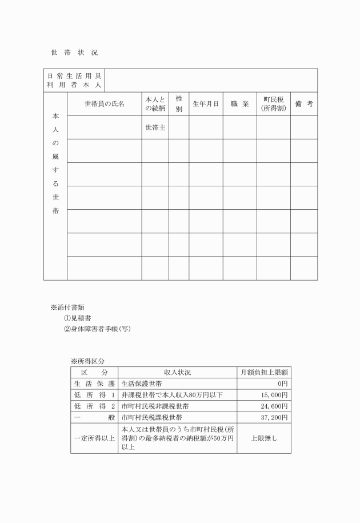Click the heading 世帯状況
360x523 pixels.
pos(74,52)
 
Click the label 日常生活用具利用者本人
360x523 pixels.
pos(74,80)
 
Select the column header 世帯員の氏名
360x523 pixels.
pos(104,104)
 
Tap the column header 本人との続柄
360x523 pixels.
pos(155,104)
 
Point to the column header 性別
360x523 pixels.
pos(179,104)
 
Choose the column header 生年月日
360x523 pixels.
pos(206,104)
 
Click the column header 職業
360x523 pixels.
pos(239,104)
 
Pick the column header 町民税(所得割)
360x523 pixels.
pos(273,104)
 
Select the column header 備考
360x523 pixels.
pos(303,104)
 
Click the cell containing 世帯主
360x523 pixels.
pos(155,127)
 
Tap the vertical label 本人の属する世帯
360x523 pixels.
pos(55,163)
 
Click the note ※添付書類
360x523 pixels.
pos(68,307)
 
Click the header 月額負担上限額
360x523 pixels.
pos(263,372)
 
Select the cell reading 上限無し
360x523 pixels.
pos(263,438)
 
